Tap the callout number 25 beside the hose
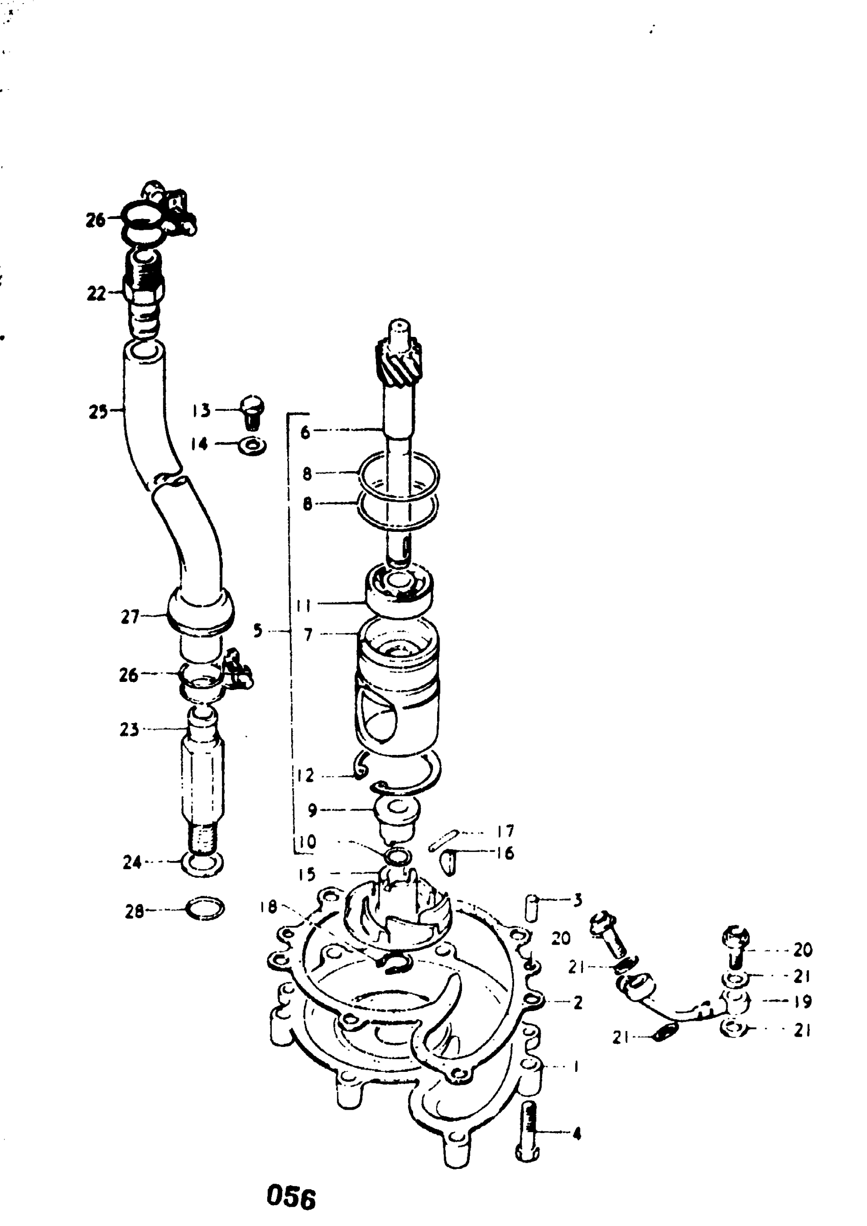coord(98,412)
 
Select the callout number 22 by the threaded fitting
coord(96,293)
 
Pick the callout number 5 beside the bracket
coord(258,631)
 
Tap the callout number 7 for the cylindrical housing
coord(308,635)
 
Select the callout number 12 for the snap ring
coord(306,776)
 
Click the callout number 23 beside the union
coord(129,729)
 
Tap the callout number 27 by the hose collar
coord(130,617)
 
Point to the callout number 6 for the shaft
coord(305,432)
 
